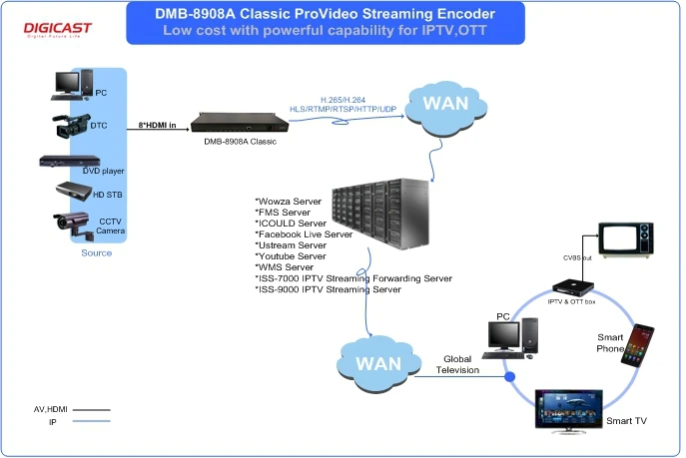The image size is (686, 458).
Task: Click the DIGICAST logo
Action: [57, 27]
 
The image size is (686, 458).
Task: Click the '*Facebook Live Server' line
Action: [304, 233]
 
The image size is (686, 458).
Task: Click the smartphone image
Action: [636, 345]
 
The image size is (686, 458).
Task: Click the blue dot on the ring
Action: [510, 377]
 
